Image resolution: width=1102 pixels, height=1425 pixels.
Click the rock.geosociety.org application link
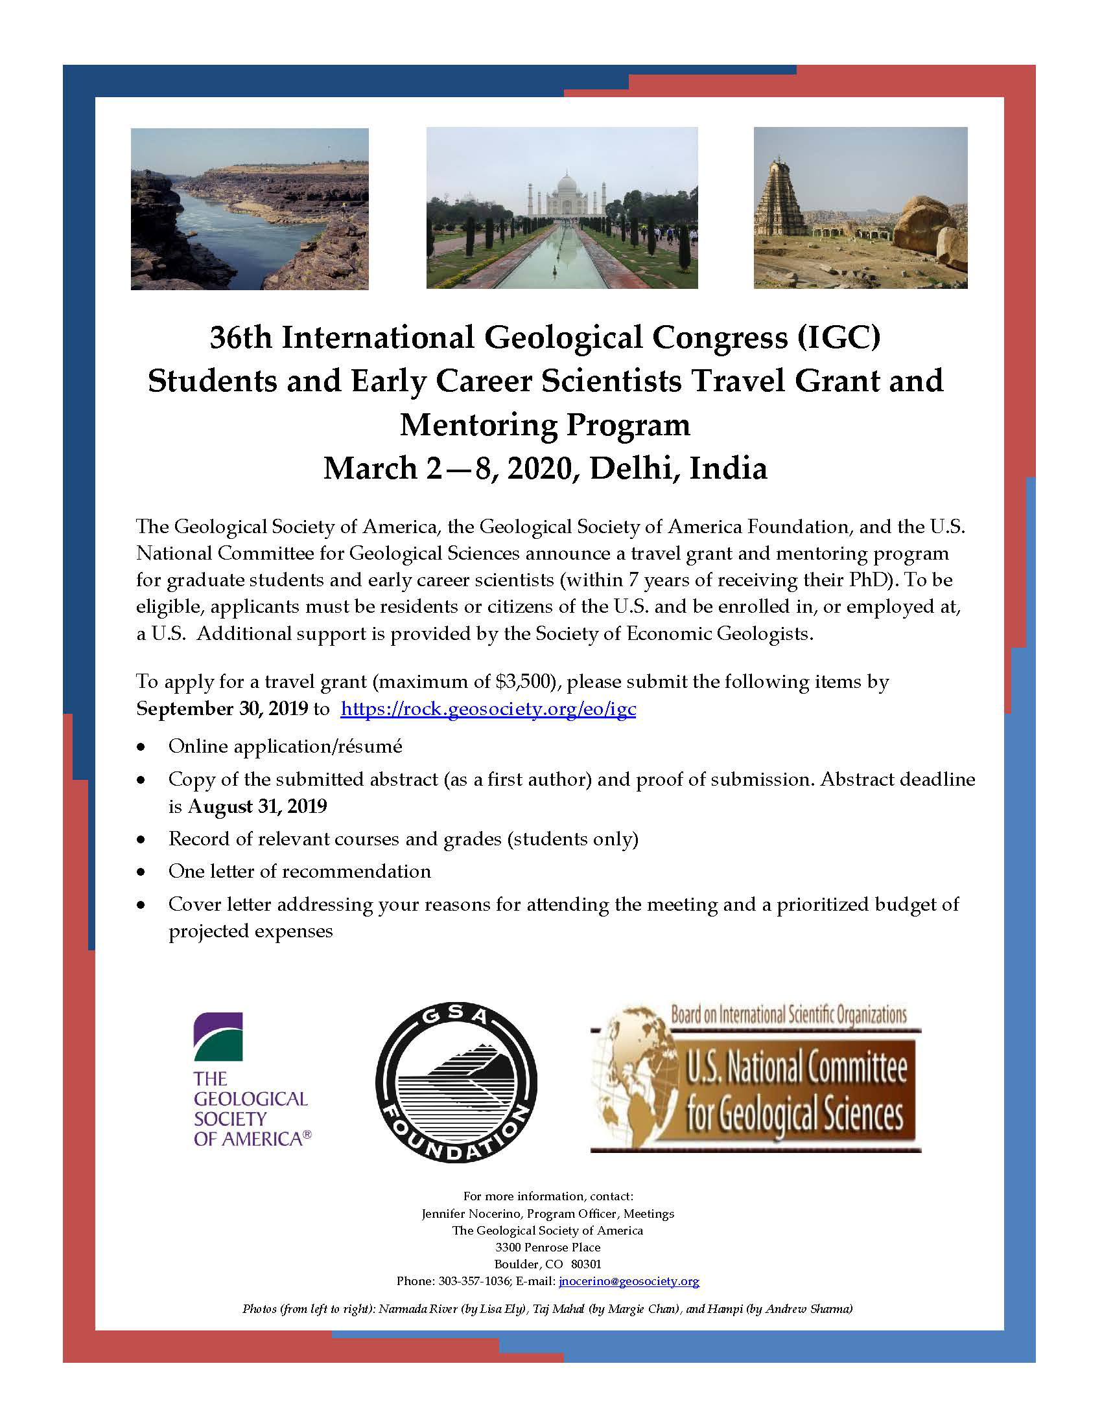pos(487,709)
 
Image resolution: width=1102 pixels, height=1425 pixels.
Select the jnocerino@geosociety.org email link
pos(629,1281)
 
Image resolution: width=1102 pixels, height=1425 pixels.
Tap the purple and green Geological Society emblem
pos(218,1037)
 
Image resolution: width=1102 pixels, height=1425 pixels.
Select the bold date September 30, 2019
pos(222,709)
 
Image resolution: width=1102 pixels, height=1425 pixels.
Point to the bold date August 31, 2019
pos(257,806)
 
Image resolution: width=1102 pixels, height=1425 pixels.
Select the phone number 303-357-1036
pos(474,1281)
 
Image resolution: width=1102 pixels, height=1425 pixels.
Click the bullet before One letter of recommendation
pos(141,872)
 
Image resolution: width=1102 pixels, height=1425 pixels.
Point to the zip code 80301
pos(585,1264)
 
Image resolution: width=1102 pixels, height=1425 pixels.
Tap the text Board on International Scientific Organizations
pos(789,1014)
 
